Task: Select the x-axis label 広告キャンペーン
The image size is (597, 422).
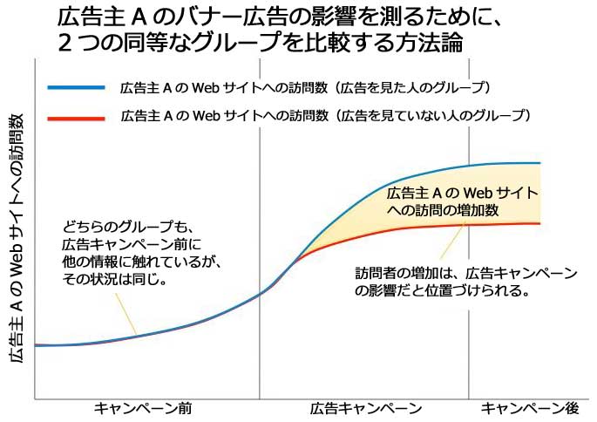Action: coord(365,408)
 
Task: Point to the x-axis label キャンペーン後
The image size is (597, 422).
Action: coord(530,408)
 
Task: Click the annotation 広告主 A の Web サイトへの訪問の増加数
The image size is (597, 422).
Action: coord(462,201)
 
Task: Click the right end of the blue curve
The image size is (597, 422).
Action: coord(539,163)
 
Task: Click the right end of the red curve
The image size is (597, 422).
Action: coord(539,224)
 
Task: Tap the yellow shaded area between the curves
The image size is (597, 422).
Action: coord(410,214)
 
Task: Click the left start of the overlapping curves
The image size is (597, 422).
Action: coord(37,345)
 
